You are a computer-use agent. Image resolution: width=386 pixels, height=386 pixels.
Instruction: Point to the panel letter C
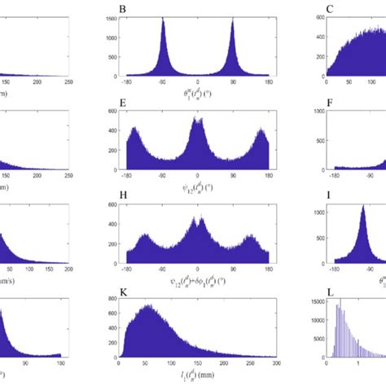tap(309, 11)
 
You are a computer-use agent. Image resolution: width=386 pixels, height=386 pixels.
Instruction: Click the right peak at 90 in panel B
tap(234, 22)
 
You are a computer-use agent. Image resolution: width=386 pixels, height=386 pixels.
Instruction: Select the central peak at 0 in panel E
tap(198, 120)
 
